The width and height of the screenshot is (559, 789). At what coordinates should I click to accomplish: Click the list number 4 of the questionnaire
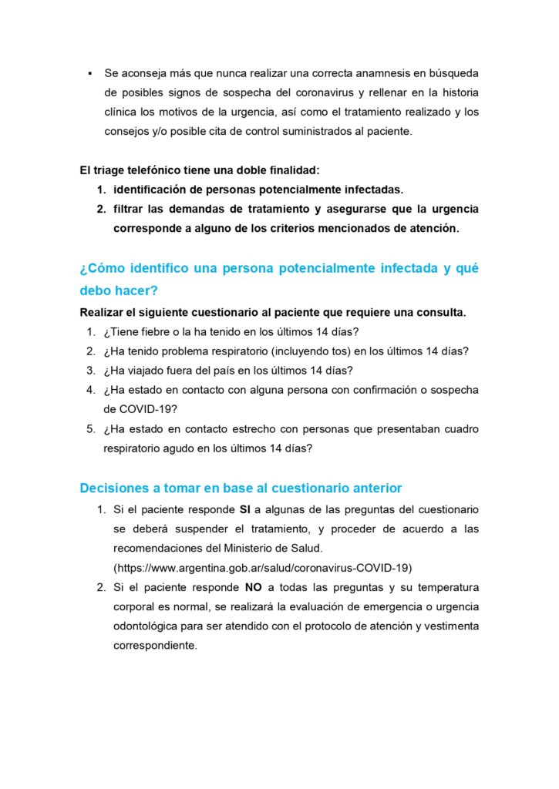(90, 390)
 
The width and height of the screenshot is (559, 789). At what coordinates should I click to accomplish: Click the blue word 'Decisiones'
(113, 488)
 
